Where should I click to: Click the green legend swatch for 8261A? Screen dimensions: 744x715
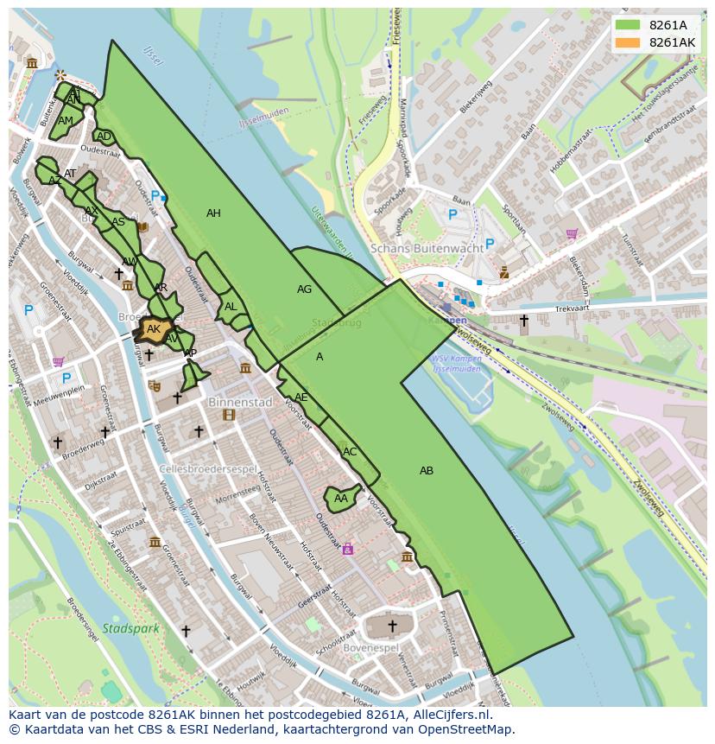(x=629, y=25)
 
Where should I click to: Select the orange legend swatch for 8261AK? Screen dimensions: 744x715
(x=629, y=42)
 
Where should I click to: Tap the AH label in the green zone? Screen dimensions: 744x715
(x=213, y=213)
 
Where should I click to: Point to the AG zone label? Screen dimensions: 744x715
(x=304, y=289)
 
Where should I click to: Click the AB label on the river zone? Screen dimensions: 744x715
(x=427, y=471)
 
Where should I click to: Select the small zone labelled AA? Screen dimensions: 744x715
(x=340, y=499)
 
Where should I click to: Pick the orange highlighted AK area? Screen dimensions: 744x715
(x=154, y=329)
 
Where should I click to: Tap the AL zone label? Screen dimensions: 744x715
(x=231, y=307)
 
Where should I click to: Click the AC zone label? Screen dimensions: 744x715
(x=350, y=452)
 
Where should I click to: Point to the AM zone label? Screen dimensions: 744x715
(x=66, y=121)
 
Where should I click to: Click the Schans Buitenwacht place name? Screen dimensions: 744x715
(x=427, y=248)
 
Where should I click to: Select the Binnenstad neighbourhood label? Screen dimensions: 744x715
(x=240, y=402)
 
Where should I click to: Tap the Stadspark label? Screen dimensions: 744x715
(x=130, y=628)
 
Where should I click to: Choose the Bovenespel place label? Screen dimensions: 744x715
(x=370, y=647)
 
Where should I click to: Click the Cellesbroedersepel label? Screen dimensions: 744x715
(x=209, y=469)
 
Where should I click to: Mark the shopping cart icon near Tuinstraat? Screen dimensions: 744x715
(x=572, y=233)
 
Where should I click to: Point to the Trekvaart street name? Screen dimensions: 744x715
(x=571, y=308)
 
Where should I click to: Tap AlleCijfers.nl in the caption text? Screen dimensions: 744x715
(x=448, y=715)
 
